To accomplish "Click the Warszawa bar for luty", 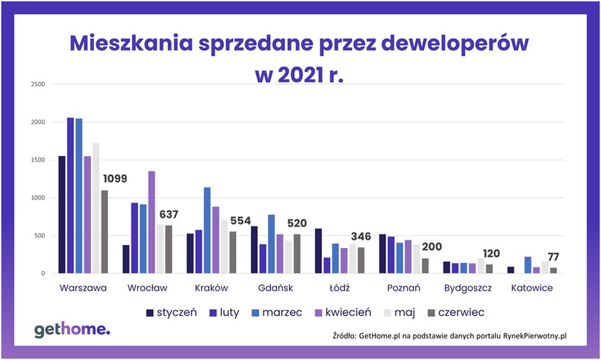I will (x=70, y=196).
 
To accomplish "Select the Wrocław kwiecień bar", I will (x=152, y=223).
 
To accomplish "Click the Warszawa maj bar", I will (x=96, y=208).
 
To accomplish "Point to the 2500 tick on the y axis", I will (x=38, y=84).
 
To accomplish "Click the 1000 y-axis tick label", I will (x=38, y=198).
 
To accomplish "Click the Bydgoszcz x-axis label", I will (x=468, y=288).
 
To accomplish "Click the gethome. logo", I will (x=72, y=330).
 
